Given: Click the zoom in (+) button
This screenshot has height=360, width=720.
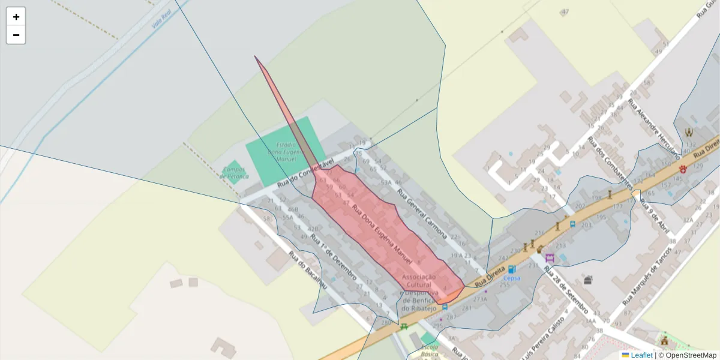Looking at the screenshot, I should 16,17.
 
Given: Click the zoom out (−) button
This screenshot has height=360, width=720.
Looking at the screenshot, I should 16,35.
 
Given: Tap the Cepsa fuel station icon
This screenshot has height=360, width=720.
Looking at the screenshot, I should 511,269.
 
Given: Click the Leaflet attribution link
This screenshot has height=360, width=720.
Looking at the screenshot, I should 641,355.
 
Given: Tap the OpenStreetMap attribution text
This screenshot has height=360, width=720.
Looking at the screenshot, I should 691,355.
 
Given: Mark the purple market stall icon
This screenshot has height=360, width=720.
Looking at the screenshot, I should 550,258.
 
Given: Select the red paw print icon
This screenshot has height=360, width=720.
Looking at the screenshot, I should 683,169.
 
